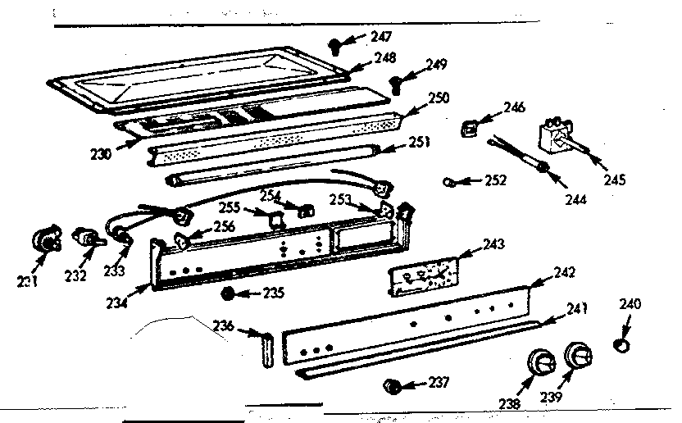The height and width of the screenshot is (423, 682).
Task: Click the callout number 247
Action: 380,36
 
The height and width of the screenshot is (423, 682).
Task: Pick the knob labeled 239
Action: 579,357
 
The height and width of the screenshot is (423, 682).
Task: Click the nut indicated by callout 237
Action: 392,385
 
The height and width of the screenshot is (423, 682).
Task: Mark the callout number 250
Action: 439,98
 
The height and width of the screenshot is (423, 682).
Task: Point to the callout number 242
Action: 565,272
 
